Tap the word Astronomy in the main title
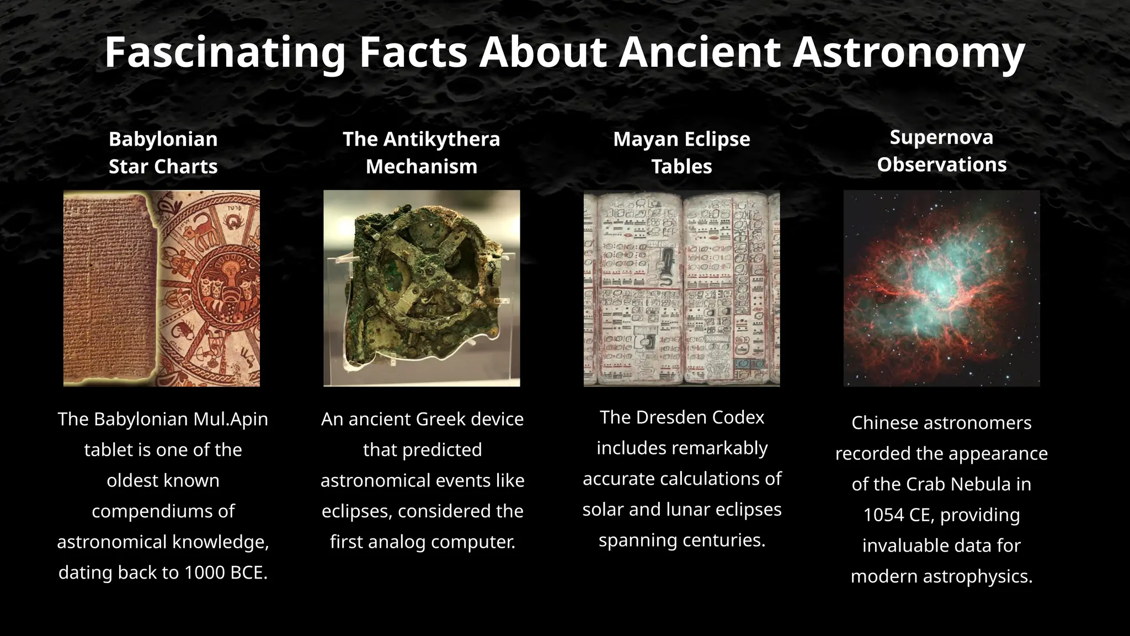coord(909,52)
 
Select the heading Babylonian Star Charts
coord(163,152)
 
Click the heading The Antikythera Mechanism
coord(421,152)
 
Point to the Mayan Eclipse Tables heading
coord(681,152)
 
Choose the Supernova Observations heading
coord(941,150)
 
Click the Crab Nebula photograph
coord(941,288)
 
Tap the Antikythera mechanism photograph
coord(422,288)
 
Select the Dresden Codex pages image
coord(681,288)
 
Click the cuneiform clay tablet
coord(110,288)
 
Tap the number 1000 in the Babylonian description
coord(204,573)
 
